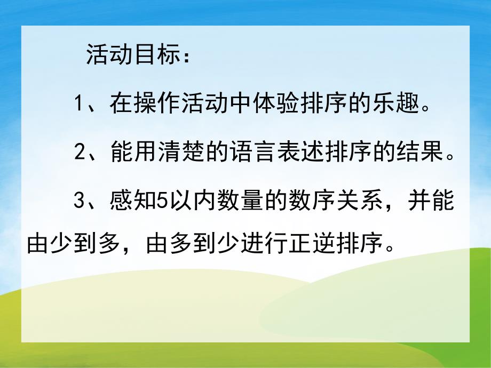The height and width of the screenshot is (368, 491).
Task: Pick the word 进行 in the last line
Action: (265, 246)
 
